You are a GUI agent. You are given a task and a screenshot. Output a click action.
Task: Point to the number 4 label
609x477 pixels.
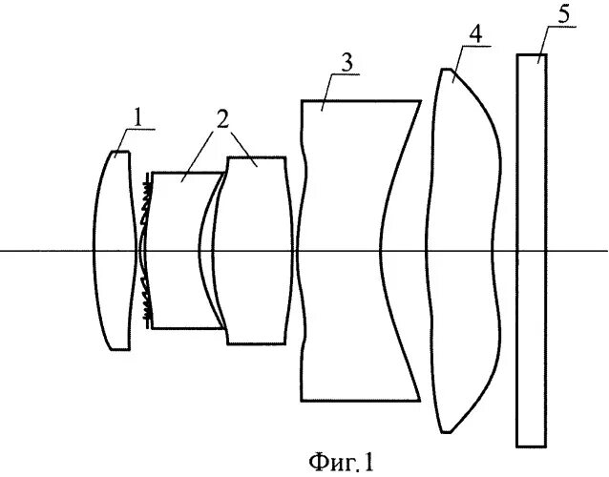(474, 32)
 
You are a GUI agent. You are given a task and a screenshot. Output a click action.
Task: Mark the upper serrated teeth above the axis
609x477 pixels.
(147, 200)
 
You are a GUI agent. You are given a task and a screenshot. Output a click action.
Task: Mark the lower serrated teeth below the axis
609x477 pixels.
(147, 301)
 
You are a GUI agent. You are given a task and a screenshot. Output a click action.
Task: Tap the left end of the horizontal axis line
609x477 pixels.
(4, 251)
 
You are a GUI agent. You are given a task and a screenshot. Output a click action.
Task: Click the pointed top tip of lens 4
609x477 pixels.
(444, 70)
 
